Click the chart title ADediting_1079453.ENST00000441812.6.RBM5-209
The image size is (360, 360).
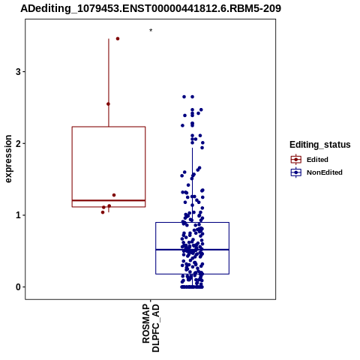pos(151,9)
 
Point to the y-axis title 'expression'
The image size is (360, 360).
pos(8,159)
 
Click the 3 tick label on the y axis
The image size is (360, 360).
pos(18,72)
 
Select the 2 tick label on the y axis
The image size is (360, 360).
pos(18,143)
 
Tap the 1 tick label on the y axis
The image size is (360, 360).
pos(18,215)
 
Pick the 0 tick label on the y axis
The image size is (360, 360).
pos(18,287)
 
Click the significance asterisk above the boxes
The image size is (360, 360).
pos(151,31)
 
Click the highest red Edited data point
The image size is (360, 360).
pos(118,39)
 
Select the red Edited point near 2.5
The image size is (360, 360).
pos(108,104)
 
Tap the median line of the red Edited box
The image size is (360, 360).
pos(109,200)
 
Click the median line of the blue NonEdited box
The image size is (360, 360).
pos(192,250)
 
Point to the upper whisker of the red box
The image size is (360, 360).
pos(109,82)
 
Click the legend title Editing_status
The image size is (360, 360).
pos(320,145)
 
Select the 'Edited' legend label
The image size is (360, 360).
pos(317,160)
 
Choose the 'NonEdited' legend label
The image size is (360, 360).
pos(325,172)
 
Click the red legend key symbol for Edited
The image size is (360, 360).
pos(296,160)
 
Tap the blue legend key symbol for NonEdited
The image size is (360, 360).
pos(296,172)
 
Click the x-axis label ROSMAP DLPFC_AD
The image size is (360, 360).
pos(151,328)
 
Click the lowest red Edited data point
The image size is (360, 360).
pos(103,212)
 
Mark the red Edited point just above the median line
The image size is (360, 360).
pos(114,195)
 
